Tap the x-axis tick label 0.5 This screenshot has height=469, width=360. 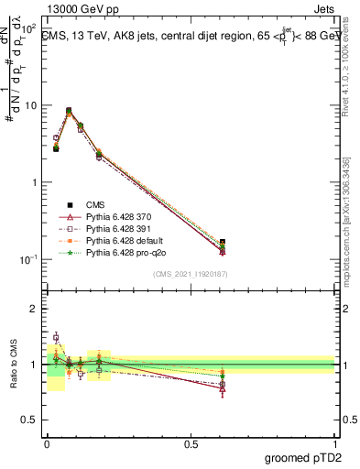click(x=191, y=442)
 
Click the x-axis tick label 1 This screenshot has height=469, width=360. click(x=336, y=442)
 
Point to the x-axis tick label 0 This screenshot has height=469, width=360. click(x=46, y=442)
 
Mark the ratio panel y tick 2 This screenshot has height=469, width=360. click(x=33, y=309)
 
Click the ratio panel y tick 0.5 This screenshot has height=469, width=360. click(x=28, y=420)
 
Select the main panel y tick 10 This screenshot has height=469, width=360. click(x=30, y=105)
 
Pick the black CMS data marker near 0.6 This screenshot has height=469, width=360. click(x=222, y=243)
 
